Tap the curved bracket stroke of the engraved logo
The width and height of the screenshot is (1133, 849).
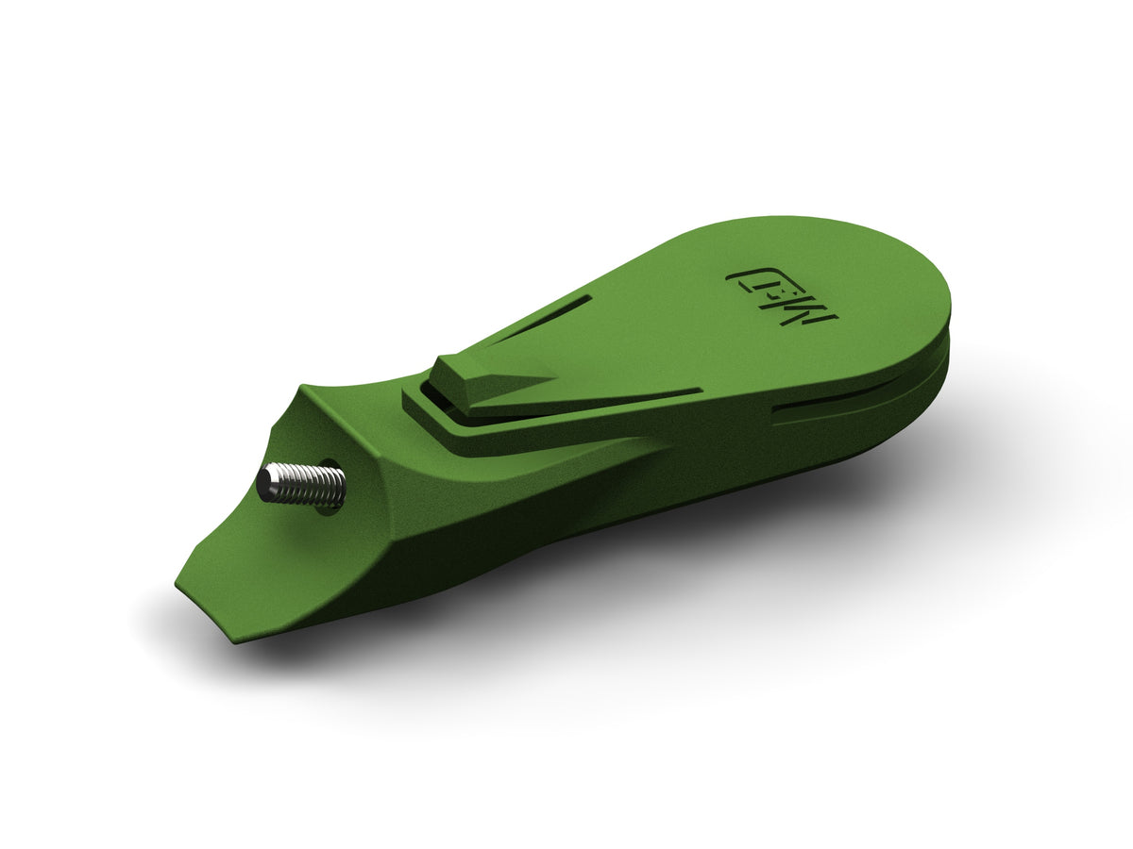click(x=741, y=276)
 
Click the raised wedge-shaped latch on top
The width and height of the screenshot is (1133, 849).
click(x=482, y=377)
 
